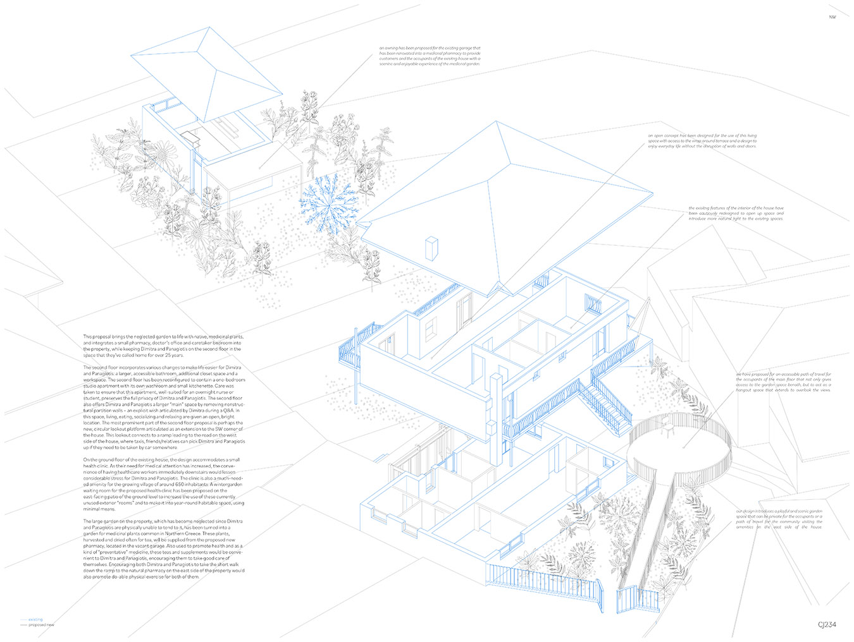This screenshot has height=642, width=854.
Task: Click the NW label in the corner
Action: pyautogui.click(x=832, y=17)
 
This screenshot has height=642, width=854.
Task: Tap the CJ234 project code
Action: pyautogui.click(x=826, y=624)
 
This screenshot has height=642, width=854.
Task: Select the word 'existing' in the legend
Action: pyautogui.click(x=35, y=619)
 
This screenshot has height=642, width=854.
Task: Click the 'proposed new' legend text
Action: pyautogui.click(x=41, y=625)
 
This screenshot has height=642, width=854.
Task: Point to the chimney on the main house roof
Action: pyautogui.click(x=432, y=248)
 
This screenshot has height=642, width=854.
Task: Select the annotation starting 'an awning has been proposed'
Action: pyautogui.click(x=430, y=56)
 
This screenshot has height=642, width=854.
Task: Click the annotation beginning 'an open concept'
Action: pyautogui.click(x=702, y=140)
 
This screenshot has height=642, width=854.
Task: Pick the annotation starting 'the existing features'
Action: pyautogui.click(x=736, y=213)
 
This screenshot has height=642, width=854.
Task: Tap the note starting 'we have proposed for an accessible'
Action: pyautogui.click(x=783, y=382)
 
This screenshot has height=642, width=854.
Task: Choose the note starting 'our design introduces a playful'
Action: pyautogui.click(x=779, y=518)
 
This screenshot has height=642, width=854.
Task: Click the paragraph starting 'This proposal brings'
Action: pyautogui.click(x=163, y=345)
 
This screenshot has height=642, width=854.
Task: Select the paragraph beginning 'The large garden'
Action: pyautogui.click(x=163, y=548)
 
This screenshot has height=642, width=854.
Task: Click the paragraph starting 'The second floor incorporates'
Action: pyautogui.click(x=163, y=407)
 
